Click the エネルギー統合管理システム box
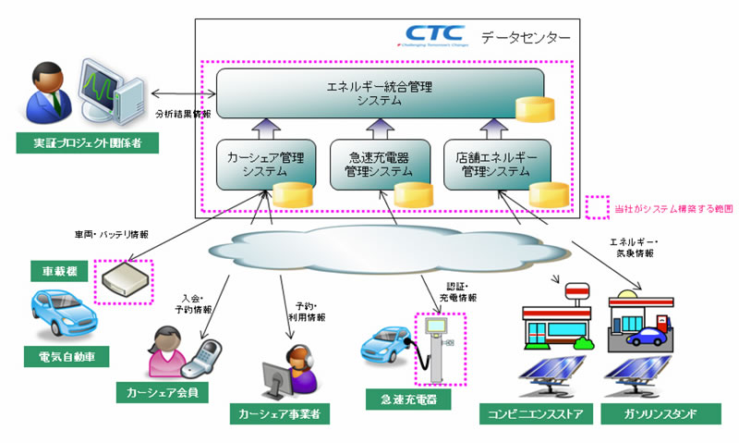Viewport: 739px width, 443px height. tap(379, 93)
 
